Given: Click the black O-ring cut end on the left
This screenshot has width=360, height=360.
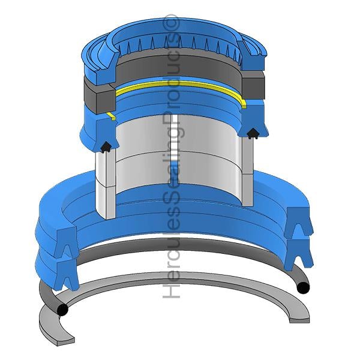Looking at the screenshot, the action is tap(62, 310).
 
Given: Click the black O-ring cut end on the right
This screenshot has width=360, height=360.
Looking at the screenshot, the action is tap(303, 287).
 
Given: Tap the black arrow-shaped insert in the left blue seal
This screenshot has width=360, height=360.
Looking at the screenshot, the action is tap(106, 147).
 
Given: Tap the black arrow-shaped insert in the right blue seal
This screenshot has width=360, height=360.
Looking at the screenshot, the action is tap(253, 133).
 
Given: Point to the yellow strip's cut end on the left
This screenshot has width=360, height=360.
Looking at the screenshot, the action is tap(112, 116).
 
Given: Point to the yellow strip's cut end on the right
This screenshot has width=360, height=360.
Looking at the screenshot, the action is tap(244, 104).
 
